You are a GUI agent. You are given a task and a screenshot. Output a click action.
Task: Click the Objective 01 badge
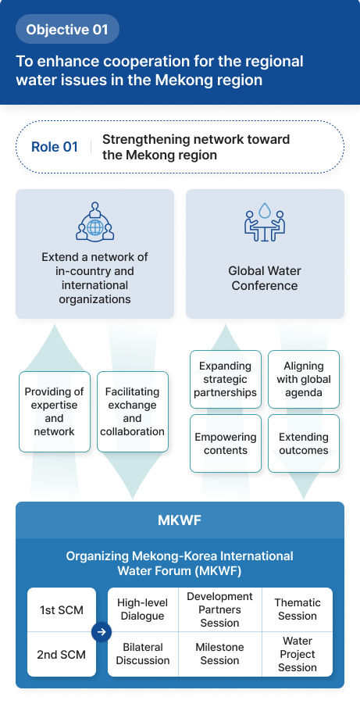pos(67,30)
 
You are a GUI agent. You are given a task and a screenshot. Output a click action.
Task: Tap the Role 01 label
pos(55,147)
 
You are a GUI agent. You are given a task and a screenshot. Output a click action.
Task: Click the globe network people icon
pos(94,222)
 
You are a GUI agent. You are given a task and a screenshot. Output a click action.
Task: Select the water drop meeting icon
pos(264,222)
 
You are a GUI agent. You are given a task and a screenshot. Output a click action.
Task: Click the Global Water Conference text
pos(264,278)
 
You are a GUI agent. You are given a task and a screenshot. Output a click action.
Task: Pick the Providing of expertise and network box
pos(54,412)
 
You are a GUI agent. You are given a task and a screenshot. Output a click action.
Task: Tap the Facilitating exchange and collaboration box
pos(132,412)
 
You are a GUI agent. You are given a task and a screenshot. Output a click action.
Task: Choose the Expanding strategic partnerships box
pos(226,379)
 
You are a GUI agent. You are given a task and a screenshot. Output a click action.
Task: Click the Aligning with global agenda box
pos(304,379)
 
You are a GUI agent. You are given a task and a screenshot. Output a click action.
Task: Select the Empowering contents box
pos(226,444)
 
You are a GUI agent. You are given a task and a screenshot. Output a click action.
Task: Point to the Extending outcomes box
pos(304,444)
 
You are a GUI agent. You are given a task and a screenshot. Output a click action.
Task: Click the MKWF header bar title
pos(180,520)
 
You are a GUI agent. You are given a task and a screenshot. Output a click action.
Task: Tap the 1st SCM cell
pos(61,609)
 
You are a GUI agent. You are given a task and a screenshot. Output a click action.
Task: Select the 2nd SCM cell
pos(61,654)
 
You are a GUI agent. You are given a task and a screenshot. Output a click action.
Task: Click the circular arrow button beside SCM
pos(101,632)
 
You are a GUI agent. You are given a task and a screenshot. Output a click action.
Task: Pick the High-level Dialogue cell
pos(142,609)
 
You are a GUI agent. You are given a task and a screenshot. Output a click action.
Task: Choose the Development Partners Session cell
pos(219,609)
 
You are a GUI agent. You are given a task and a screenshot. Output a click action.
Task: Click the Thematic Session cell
pos(297,609)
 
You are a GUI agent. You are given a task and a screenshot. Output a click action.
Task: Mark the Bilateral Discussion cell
pos(142,654)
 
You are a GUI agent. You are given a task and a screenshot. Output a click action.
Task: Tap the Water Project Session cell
pos(297,654)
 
